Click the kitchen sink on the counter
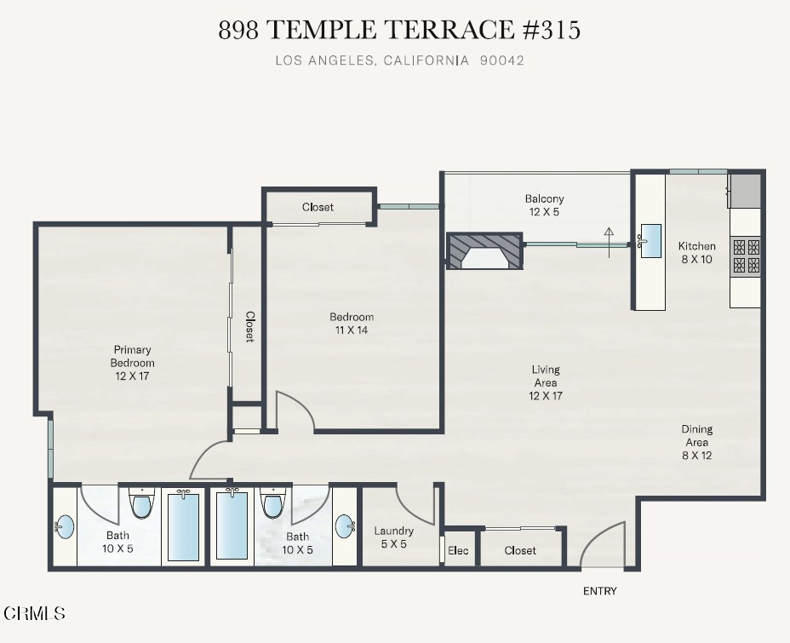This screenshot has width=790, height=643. [650, 241]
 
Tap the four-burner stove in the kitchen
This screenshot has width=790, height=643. [747, 256]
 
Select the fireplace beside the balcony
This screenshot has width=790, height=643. [484, 251]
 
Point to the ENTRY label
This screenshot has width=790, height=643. [599, 591]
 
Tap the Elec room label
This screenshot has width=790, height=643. [458, 551]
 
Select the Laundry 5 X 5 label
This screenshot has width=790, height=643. [393, 537]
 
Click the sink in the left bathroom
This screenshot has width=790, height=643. [64, 527]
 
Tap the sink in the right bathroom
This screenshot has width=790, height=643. [346, 526]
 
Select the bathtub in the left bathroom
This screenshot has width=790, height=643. [183, 526]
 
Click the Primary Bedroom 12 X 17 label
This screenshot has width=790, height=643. [132, 363]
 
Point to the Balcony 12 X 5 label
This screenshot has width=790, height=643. [544, 205]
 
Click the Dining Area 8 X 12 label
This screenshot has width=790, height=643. [697, 443]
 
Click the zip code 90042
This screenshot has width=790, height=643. [501, 60]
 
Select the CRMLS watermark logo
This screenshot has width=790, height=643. [34, 613]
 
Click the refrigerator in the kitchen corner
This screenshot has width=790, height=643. [745, 191]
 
